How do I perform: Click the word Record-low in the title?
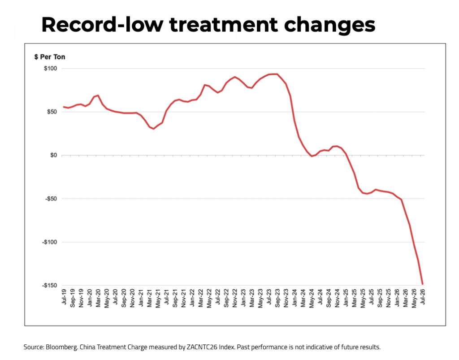[x=102, y=24]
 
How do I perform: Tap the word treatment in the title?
[x=223, y=25]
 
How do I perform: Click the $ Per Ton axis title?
[x=50, y=57]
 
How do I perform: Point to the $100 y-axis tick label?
[x=50, y=69]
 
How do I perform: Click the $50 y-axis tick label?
[x=52, y=112]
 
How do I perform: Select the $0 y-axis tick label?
[x=54, y=155]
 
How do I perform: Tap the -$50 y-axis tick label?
[x=51, y=199]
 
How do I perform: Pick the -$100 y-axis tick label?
[x=49, y=242]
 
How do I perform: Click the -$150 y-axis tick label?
[x=49, y=286]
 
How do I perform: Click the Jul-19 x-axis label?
[x=64, y=297]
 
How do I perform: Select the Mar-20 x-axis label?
[x=98, y=298]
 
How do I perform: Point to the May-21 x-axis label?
[x=158, y=298]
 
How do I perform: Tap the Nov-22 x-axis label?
[x=235, y=298]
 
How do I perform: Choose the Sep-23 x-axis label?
[x=277, y=298]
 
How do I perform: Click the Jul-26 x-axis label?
[x=423, y=297]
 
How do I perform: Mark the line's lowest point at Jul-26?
[x=422, y=284]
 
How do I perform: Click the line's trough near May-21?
[x=154, y=129]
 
